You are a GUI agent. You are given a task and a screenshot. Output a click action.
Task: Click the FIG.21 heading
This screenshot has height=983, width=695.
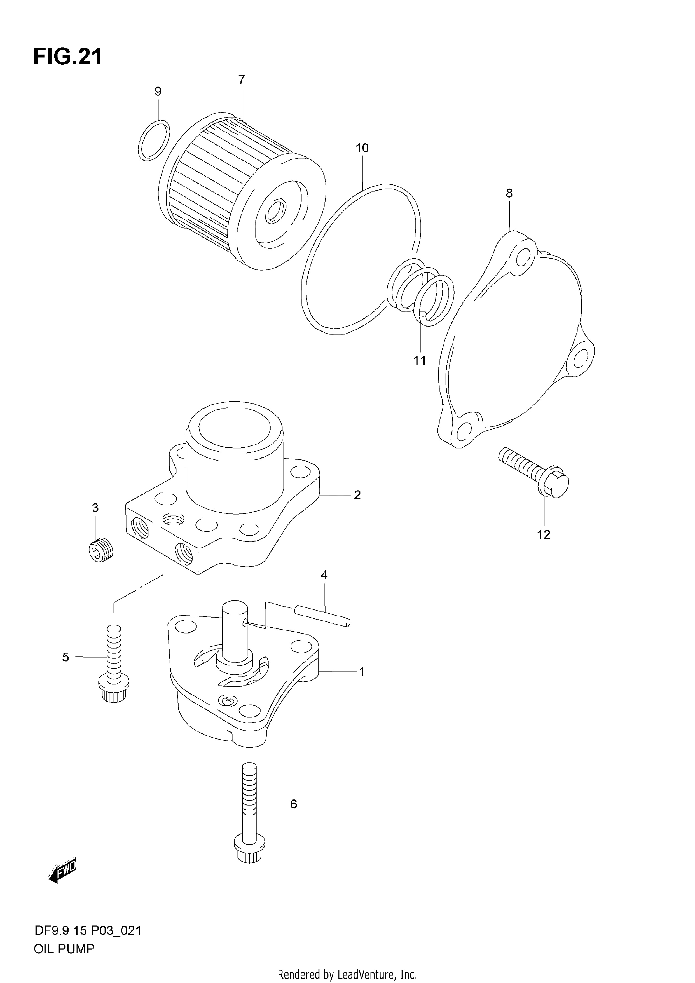(x=68, y=57)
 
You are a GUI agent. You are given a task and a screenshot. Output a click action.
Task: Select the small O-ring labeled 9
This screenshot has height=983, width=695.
(x=154, y=140)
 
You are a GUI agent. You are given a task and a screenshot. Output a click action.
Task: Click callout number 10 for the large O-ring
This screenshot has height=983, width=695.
(x=362, y=148)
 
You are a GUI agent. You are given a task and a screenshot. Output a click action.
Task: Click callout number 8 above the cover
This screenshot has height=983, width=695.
(x=509, y=193)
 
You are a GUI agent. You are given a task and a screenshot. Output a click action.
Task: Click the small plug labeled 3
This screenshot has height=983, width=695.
(x=101, y=549)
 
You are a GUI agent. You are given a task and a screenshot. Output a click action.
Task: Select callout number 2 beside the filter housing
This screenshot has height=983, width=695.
(x=357, y=495)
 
